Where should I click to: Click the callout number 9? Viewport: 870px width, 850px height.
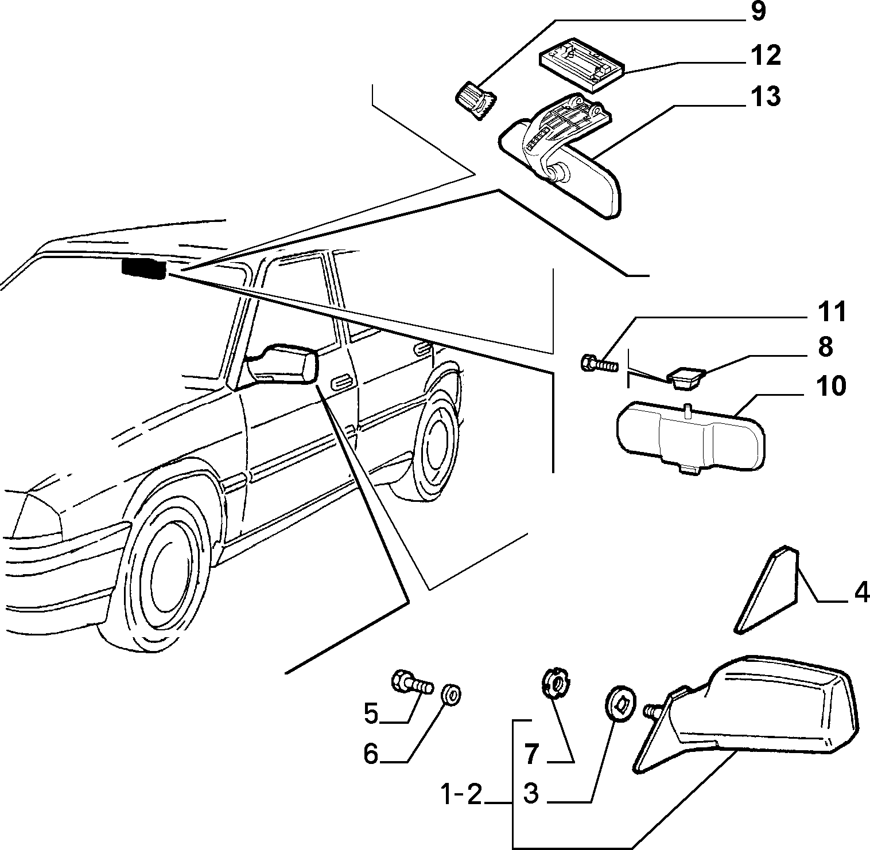coord(758,12)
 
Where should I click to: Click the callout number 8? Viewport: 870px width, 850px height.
coord(825,347)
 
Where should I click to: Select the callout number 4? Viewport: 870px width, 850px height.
coord(861,592)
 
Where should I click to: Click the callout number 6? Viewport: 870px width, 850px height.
coord(371,754)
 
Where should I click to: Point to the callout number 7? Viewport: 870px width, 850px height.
coord(532,754)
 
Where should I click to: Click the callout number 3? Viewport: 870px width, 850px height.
coord(531,794)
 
